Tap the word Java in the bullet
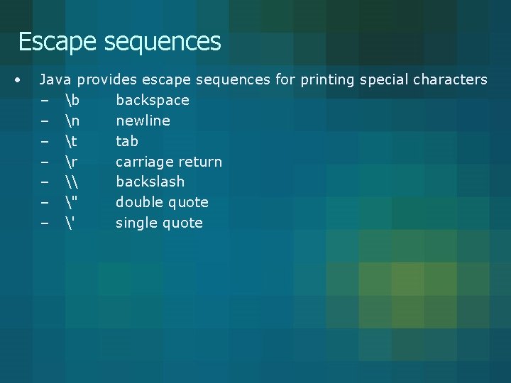point(56,79)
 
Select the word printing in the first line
point(327,80)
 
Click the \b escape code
point(71,100)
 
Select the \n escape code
point(71,121)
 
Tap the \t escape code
point(70,141)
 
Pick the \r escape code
point(70,162)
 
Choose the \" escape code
point(70,202)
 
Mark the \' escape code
point(68,223)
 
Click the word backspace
point(153,101)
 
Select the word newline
point(143,121)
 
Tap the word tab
point(127,141)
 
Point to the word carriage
point(144,162)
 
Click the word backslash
point(150,182)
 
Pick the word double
point(138,202)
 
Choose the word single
point(135,223)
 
